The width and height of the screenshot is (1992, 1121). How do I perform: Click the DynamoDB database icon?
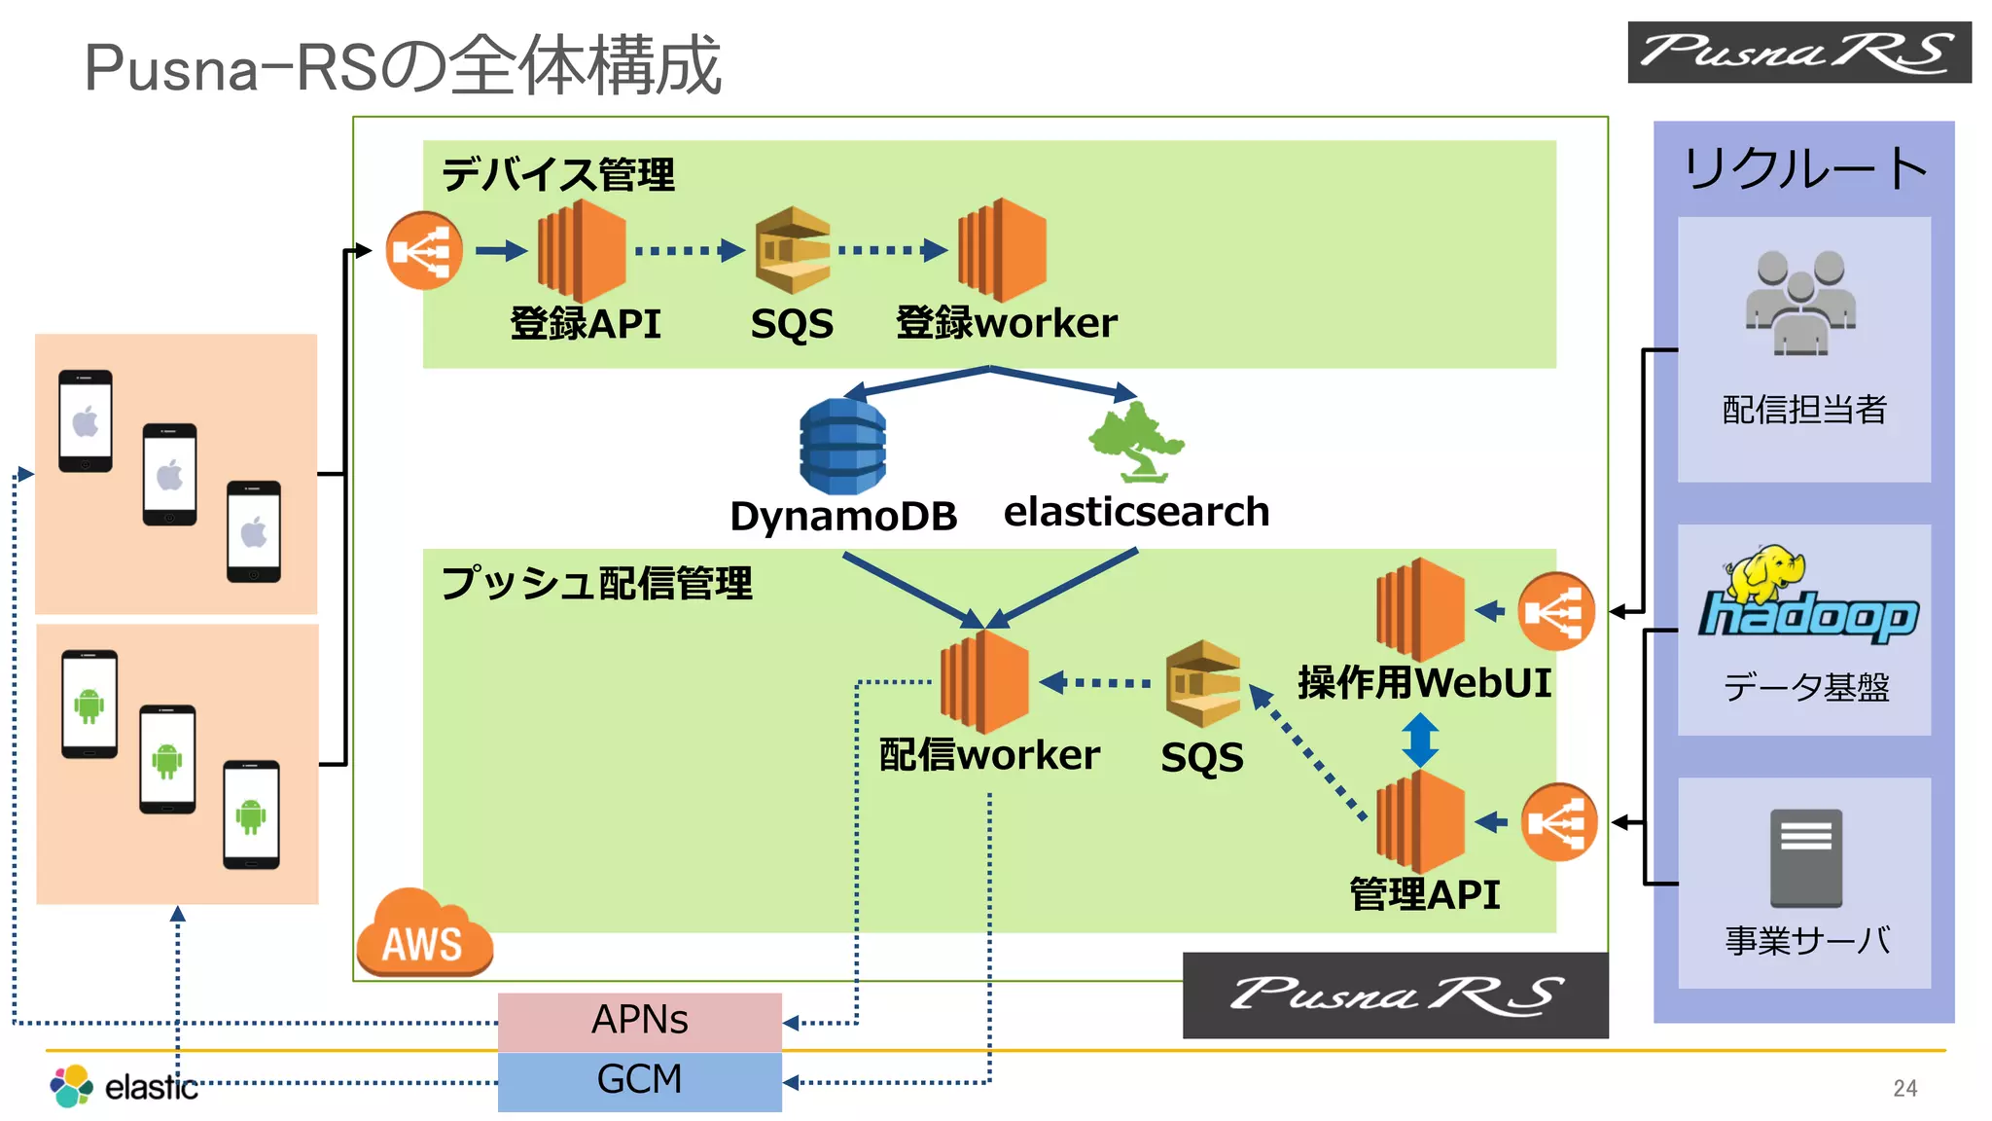842,446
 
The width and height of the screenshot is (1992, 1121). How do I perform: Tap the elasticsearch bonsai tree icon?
1135,442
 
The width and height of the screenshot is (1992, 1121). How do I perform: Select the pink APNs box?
639,1021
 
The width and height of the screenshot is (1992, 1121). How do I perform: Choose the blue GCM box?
639,1080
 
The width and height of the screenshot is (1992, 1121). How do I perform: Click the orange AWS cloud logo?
424,935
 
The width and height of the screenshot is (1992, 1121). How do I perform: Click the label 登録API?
586,324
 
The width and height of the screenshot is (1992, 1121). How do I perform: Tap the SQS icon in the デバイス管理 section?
794,250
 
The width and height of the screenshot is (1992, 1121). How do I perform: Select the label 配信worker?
988,756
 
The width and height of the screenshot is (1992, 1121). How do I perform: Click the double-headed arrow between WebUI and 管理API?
1420,740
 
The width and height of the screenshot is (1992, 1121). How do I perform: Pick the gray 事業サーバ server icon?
1805,857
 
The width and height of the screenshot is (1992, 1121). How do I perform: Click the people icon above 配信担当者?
1801,303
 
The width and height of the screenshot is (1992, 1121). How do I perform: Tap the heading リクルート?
1804,168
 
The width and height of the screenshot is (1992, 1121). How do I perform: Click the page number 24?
1904,1088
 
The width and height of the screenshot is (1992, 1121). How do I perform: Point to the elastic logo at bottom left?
124,1086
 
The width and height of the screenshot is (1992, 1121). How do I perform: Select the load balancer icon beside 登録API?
424,251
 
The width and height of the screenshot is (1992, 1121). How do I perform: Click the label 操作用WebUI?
1424,683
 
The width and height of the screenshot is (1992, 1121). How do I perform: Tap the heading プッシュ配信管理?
596,584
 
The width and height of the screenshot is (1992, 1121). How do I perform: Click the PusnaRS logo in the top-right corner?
1798,53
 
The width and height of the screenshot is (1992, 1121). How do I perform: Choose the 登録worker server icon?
1002,250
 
